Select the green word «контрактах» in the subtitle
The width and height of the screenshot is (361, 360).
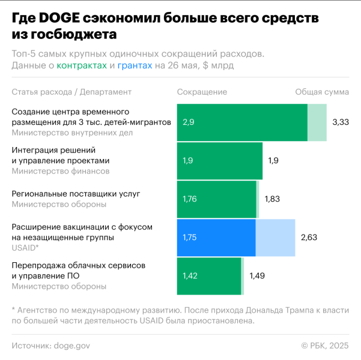click(82, 65)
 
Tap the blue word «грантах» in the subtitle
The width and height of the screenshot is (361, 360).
click(135, 65)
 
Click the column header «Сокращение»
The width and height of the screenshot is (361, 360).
click(202, 92)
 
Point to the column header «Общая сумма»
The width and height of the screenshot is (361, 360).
click(322, 92)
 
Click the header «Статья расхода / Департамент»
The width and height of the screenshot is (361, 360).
click(71, 92)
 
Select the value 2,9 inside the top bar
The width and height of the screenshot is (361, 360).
click(189, 122)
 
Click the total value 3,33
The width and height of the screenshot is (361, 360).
click(341, 122)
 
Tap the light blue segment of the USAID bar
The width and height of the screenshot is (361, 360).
click(275, 238)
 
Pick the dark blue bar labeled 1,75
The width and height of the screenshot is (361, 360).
click(216, 238)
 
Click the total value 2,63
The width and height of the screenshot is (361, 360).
click(309, 238)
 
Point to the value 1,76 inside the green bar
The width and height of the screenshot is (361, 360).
click(190, 199)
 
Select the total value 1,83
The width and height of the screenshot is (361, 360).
click(272, 199)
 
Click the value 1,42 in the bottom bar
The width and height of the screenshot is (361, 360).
click(190, 276)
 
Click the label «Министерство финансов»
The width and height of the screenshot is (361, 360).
click(61, 171)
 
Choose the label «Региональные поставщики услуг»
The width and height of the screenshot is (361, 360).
click(76, 194)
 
